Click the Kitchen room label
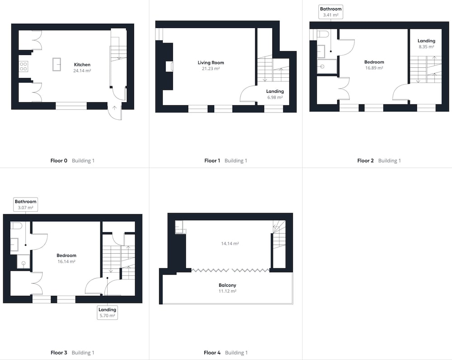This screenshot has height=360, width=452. [82, 65]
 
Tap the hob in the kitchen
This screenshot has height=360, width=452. [24, 66]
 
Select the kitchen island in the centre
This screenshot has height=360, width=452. [57, 64]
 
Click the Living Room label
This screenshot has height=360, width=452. [211, 62]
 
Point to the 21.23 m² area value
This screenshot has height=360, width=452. [211, 69]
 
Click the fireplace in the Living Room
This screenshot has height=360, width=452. [169, 66]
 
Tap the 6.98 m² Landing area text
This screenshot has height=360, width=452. [275, 98]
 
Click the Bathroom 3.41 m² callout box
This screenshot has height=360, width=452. [331, 12]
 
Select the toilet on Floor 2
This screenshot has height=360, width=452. [323, 34]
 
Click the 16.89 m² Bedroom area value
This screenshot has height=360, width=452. [374, 68]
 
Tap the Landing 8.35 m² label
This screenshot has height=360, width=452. [426, 43]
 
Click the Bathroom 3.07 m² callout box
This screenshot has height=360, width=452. [26, 204]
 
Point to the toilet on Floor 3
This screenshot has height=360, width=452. [16, 226]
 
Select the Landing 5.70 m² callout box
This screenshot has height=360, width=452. [107, 313]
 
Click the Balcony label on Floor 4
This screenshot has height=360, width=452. [227, 285]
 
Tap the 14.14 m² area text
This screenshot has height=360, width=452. [230, 244]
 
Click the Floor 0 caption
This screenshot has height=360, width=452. [59, 161]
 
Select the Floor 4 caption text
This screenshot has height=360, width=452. [212, 352]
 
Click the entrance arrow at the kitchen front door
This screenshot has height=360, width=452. [114, 108]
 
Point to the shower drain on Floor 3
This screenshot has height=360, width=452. [24, 263]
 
